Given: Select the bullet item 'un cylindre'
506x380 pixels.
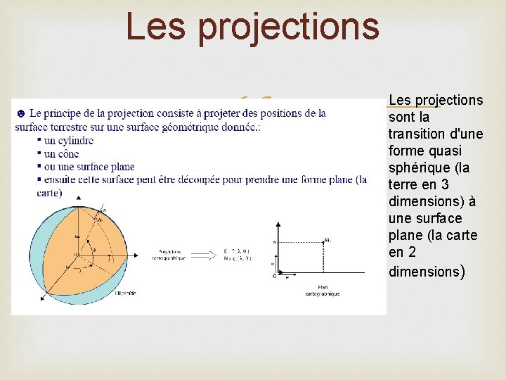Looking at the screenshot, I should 68,141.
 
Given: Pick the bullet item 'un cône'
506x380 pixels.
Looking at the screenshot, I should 63,153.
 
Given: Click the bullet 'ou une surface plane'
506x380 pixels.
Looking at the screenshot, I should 89,167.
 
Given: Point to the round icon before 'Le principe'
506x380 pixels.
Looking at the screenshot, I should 20,113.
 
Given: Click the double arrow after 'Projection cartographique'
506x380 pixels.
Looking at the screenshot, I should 205,255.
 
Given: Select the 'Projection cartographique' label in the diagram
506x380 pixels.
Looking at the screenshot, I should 169,255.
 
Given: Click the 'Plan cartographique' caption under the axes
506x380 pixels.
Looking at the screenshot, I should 323,290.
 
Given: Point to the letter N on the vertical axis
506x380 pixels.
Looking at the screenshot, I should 274,241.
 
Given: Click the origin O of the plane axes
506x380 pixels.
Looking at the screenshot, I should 274,276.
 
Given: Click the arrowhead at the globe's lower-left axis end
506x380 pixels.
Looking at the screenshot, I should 44,298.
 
